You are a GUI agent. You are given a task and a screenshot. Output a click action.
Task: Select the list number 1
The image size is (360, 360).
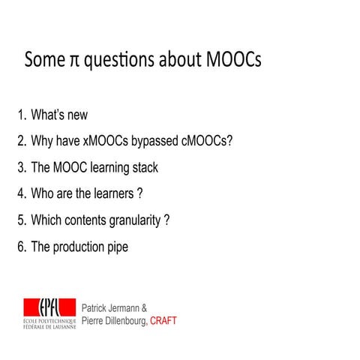point(21,115)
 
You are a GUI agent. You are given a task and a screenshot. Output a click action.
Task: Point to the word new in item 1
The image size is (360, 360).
point(76,115)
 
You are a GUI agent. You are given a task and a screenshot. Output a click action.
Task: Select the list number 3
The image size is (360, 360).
point(21,167)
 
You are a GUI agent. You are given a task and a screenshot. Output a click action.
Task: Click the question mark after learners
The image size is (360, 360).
point(139,193)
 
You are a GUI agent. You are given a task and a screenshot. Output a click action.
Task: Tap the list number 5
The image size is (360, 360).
point(21,220)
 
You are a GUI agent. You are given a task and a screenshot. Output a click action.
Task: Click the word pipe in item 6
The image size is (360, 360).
point(116,246)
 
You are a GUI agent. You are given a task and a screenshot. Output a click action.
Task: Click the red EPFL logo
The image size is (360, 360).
point(49,307)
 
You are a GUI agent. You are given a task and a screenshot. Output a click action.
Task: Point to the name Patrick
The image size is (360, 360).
point(97,307)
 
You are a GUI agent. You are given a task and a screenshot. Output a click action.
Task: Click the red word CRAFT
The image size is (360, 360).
point(163,320)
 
